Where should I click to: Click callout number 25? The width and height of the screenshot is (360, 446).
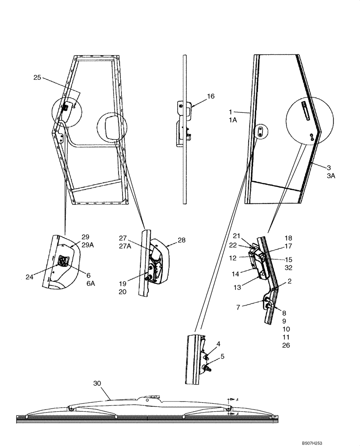[37, 78]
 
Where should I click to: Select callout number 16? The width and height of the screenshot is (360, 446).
[211, 96]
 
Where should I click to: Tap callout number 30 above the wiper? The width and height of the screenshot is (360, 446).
[98, 383]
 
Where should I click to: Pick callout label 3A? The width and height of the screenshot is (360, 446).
[331, 176]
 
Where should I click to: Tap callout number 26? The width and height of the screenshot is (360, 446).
[286, 345]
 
